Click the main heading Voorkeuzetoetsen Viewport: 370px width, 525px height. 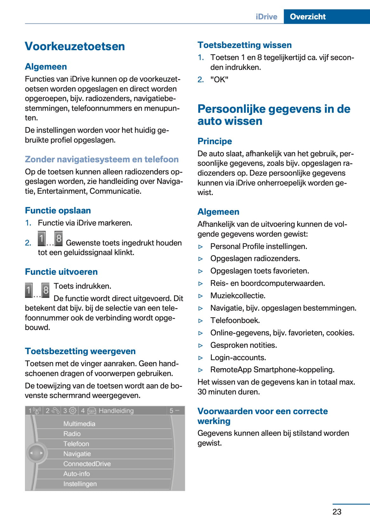[75, 46]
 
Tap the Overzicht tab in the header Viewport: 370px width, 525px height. [307, 17]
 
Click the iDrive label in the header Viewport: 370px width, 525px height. [266, 17]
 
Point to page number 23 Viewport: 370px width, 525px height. [337, 512]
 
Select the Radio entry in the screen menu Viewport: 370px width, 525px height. [72, 434]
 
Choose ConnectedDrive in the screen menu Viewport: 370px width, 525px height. [87, 464]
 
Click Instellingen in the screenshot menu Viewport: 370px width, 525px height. [80, 484]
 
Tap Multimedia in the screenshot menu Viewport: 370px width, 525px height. [79, 424]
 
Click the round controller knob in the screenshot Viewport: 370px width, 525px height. [36, 453]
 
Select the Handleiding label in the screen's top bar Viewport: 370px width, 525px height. [116, 411]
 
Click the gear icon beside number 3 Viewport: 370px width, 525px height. [73, 411]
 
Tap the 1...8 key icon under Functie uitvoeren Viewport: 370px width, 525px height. [37, 290]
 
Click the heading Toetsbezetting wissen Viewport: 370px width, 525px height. [244, 45]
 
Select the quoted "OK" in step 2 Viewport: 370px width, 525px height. [219, 79]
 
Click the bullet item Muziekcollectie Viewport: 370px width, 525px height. [238, 296]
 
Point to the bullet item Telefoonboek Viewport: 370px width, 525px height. [235, 320]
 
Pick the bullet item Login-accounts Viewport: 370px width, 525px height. [238, 358]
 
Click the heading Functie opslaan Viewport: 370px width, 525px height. [58, 211]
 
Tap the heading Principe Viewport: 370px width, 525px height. [214, 141]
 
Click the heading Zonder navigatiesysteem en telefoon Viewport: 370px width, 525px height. [102, 159]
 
